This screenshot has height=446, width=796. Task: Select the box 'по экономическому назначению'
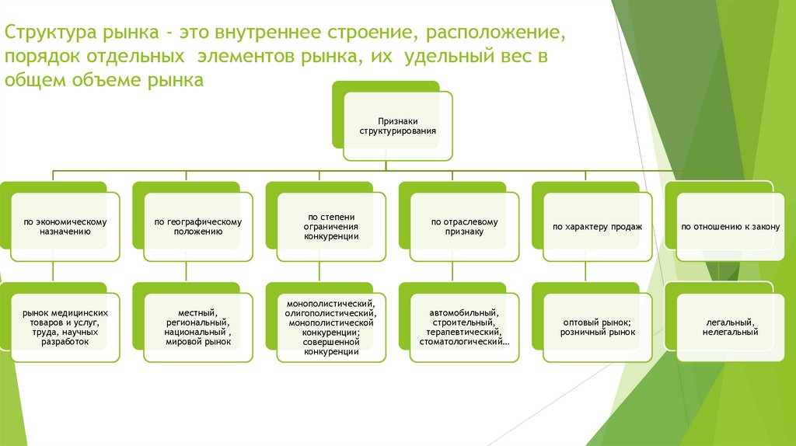coord(65,226)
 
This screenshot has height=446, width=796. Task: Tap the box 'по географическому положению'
coord(197,226)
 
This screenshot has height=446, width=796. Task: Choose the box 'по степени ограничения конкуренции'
coord(331,226)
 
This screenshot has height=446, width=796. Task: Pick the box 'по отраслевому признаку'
coord(464,226)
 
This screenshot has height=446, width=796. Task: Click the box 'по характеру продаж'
coord(597,226)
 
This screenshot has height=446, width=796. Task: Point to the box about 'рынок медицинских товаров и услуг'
coord(65,326)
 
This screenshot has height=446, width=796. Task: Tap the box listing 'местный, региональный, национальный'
coord(197,326)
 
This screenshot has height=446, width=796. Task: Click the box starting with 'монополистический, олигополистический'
coord(331,326)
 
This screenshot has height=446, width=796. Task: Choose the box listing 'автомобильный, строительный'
coord(464,326)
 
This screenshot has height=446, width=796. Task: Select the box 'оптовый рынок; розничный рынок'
coord(597,326)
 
